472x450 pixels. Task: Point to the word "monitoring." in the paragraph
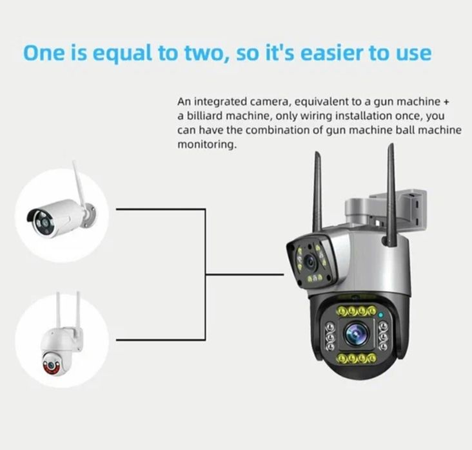pyautogui.click(x=207, y=145)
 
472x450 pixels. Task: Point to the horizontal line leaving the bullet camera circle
pyautogui.click(x=161, y=209)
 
